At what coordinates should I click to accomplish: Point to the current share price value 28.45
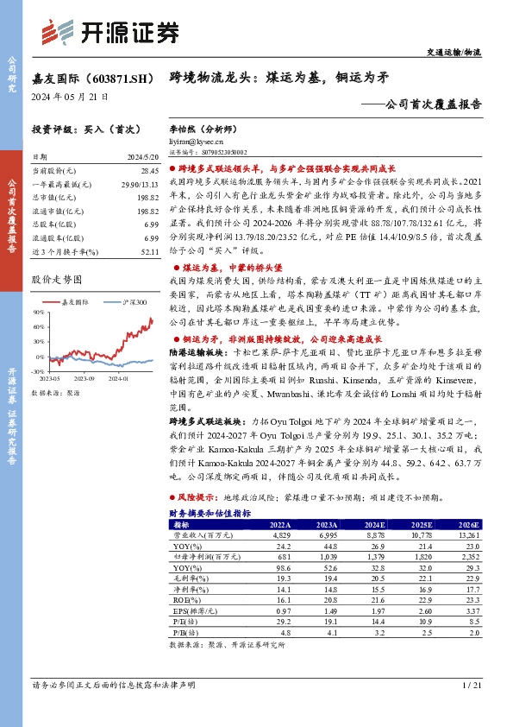point(149,171)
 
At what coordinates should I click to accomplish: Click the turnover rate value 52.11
point(149,250)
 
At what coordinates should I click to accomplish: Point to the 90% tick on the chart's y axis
point(38,313)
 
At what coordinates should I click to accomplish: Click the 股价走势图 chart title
point(56,279)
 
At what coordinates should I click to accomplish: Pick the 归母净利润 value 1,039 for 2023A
point(326,557)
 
